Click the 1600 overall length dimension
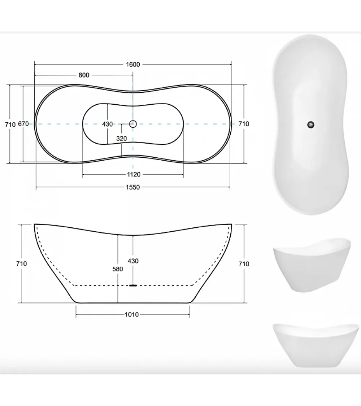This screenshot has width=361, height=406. (x=133, y=65)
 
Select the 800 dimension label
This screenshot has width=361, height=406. (x=84, y=75)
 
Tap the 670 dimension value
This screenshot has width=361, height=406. (x=23, y=124)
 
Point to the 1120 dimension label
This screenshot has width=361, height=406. (x=134, y=175)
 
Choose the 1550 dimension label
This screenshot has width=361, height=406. (x=133, y=187)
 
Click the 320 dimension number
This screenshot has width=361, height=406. (x=121, y=139)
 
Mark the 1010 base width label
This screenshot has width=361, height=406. (x=132, y=315)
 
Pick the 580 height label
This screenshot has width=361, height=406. (x=118, y=269)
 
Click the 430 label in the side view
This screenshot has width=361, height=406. (x=133, y=261)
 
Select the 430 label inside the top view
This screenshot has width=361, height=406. (x=107, y=124)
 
